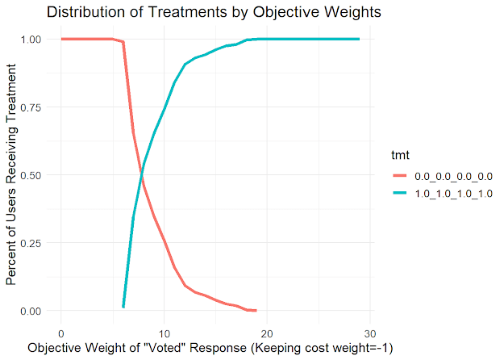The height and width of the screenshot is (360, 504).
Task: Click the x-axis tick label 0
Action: coord(60,333)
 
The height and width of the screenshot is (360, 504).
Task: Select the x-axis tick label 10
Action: coord(164,333)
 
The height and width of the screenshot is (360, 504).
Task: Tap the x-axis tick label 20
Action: coord(267,333)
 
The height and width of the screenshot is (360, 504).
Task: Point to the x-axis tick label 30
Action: coord(370,333)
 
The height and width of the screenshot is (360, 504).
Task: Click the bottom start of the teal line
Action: coord(123,307)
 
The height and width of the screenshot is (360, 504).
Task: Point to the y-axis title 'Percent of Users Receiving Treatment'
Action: coord(11,175)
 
